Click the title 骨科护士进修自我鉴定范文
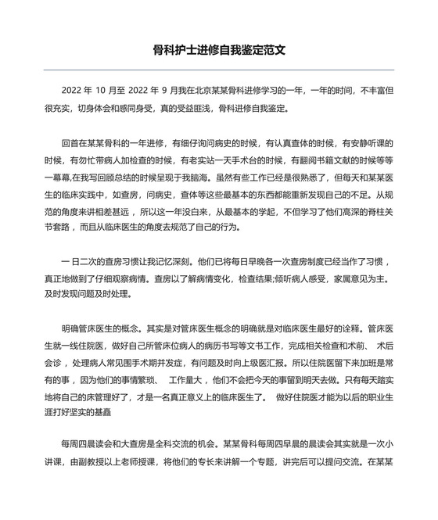tap(219, 49)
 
